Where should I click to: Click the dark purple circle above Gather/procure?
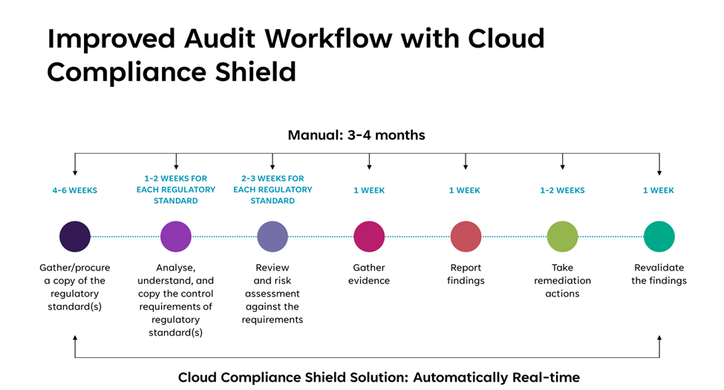pyautogui.click(x=75, y=237)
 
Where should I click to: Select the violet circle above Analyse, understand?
pyautogui.click(x=176, y=237)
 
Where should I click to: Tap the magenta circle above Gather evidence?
pyautogui.click(x=369, y=237)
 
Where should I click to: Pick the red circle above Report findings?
pyautogui.click(x=466, y=237)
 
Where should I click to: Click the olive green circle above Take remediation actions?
pyautogui.click(x=562, y=237)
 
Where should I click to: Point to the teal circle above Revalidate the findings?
pyautogui.click(x=659, y=237)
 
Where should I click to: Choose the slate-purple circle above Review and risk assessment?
pyautogui.click(x=273, y=237)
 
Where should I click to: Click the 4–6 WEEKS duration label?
pyautogui.click(x=75, y=190)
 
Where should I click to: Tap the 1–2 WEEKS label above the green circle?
pyautogui.click(x=562, y=190)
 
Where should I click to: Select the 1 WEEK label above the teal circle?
pyautogui.click(x=659, y=190)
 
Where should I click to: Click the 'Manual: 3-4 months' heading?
pyautogui.click(x=356, y=135)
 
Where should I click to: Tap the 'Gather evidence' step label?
pyautogui.click(x=369, y=274)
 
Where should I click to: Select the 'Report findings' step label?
pyautogui.click(x=466, y=274)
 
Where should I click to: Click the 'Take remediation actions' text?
pyautogui.click(x=562, y=281)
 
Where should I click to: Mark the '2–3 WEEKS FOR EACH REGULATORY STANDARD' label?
pyautogui.click(x=273, y=189)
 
